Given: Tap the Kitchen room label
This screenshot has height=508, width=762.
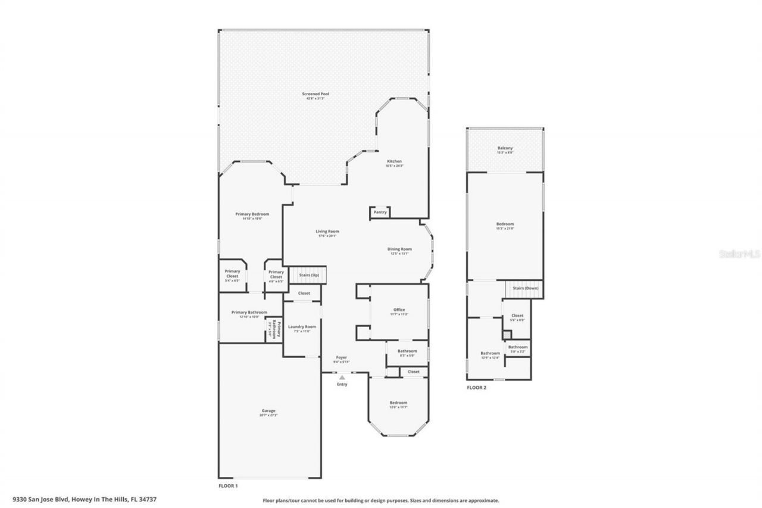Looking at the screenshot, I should coord(394,161).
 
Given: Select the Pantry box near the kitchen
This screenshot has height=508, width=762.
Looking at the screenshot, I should coord(380,212).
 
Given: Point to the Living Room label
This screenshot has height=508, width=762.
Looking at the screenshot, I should coord(327,232).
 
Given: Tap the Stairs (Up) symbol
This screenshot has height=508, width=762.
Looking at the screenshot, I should coord(309,275).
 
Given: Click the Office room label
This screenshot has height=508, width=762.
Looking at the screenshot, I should coord(399,310).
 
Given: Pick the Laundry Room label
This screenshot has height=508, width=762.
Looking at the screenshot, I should coord(302,327).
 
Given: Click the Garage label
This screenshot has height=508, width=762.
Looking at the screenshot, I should coord(268,411).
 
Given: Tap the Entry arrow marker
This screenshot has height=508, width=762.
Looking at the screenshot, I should coord(342,377).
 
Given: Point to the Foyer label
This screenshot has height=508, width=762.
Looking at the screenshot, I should coord(341,358).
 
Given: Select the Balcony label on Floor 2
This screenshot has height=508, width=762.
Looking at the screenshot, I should coord(505,148).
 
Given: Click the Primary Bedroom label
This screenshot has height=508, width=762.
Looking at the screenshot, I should coord(252,214).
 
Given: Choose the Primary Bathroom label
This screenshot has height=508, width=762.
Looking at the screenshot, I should coord(249,313).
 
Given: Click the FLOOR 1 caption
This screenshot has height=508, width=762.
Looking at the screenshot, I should coord(228,486).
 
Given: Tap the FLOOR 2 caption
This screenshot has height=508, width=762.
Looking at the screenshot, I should coord(476,387).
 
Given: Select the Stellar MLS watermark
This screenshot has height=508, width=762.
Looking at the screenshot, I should coord(740,253).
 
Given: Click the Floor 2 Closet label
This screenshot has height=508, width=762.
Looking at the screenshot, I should coord(517,316).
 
